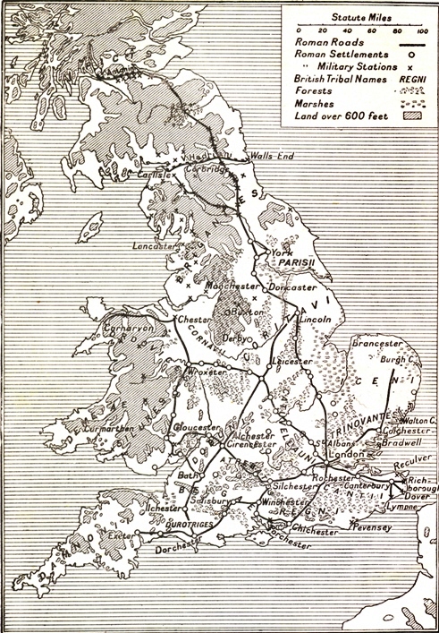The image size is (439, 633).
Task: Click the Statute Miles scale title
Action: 357,16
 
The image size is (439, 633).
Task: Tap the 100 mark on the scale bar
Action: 420,30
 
